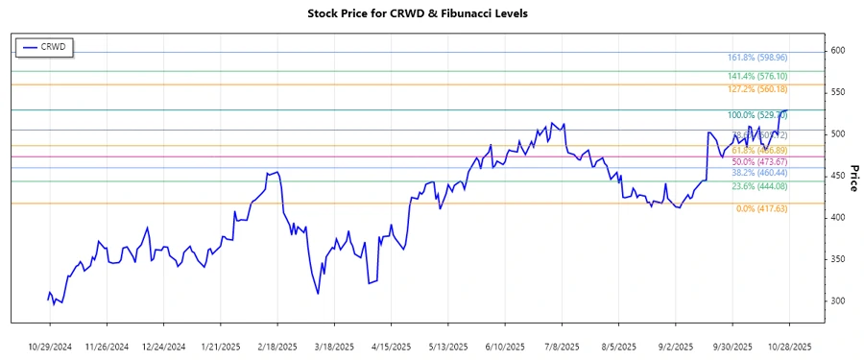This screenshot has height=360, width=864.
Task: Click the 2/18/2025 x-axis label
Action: click(x=277, y=346)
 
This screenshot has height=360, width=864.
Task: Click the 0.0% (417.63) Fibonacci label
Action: click(x=761, y=208)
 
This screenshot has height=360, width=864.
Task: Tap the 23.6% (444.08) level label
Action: click(x=758, y=186)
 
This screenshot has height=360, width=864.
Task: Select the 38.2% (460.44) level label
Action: click(x=758, y=173)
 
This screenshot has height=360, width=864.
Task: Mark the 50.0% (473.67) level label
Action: click(x=758, y=161)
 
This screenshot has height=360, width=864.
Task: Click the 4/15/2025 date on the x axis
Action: click(x=391, y=346)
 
